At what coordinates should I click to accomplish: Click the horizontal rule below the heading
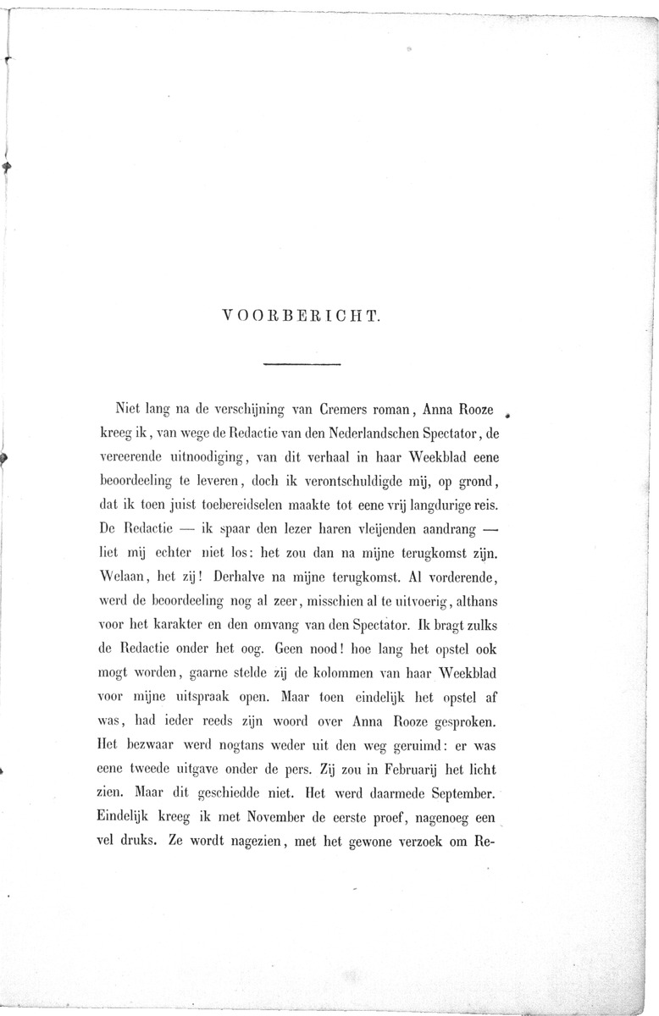coord(302,364)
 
